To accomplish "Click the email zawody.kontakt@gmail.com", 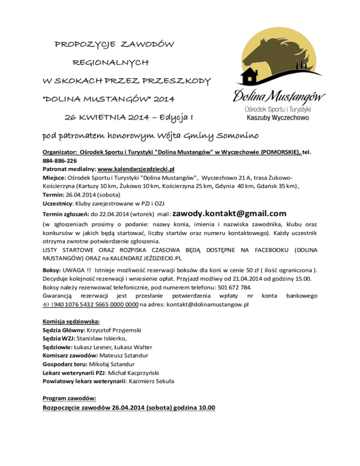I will coord(226,213).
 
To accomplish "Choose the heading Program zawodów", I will coord(69,398).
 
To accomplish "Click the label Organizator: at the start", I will coord(60,153).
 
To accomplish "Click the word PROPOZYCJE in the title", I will coord(84,45).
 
